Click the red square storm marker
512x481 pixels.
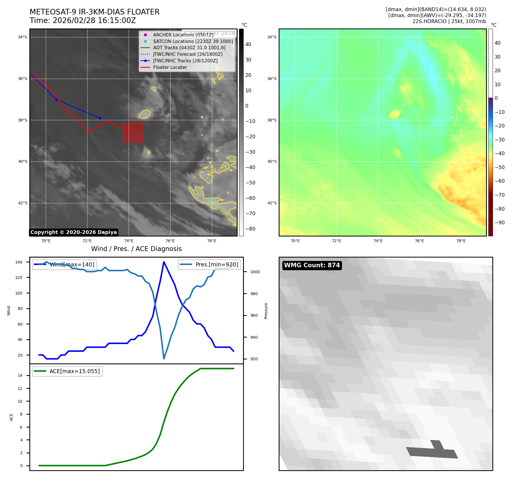(133, 132)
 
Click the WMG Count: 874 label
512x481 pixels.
(312, 265)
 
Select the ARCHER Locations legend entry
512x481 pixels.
(183, 35)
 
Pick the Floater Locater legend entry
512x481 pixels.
(170, 67)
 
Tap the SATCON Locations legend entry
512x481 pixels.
(193, 41)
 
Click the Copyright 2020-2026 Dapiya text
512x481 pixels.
(74, 232)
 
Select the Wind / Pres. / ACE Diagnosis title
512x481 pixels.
(136, 249)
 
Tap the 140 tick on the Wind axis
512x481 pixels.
(19, 262)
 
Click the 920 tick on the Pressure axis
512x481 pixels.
(254, 359)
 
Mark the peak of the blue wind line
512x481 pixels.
(164, 262)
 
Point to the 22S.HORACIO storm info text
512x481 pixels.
(449, 21)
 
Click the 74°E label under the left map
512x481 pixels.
(129, 241)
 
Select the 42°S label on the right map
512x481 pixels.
(272, 203)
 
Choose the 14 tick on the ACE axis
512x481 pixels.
(20, 375)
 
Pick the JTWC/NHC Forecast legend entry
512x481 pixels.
(187, 54)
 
